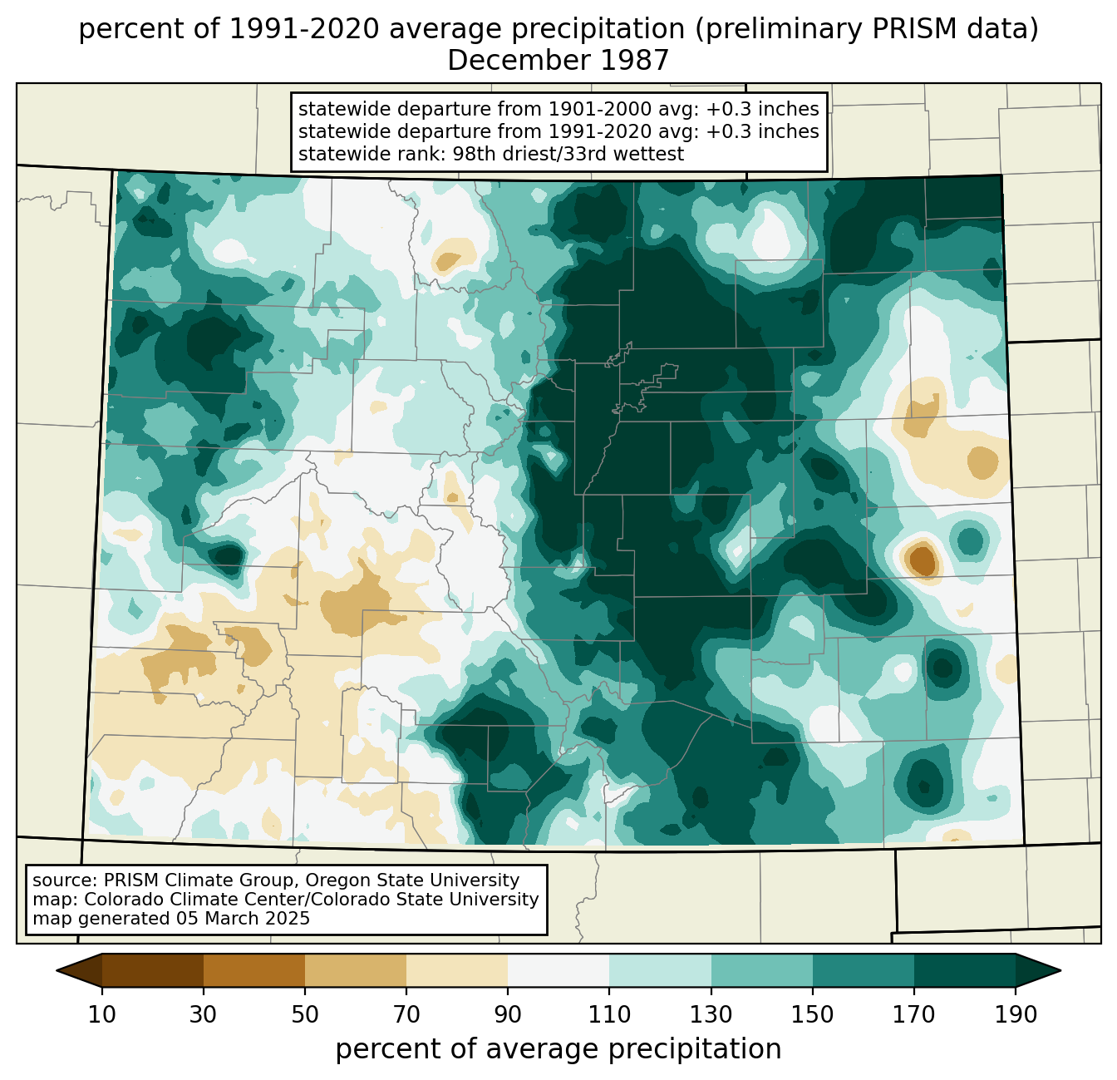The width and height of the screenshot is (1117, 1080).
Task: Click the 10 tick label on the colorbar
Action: (x=101, y=1014)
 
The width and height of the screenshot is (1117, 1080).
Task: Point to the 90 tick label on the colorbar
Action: (x=508, y=1014)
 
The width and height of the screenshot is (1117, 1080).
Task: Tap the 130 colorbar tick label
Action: (x=711, y=1014)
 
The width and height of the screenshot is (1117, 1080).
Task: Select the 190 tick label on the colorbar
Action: (x=1016, y=1014)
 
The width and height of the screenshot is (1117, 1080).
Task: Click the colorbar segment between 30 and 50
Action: (x=253, y=970)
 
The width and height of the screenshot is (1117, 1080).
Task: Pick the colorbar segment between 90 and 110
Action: (x=558, y=970)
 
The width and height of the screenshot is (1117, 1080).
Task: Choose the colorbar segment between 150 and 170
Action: (x=864, y=970)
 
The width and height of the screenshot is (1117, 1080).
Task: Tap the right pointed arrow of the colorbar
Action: (x=1038, y=970)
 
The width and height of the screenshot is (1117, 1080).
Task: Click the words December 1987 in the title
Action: (x=558, y=61)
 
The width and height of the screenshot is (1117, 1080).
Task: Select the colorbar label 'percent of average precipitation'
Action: (x=558, y=1049)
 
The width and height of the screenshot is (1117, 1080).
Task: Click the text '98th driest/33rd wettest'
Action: (x=568, y=154)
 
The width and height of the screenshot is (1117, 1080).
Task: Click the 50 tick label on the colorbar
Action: (x=305, y=1014)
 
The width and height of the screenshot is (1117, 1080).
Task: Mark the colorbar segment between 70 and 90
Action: (x=457, y=970)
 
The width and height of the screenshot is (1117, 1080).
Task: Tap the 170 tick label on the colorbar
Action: (x=914, y=1014)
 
